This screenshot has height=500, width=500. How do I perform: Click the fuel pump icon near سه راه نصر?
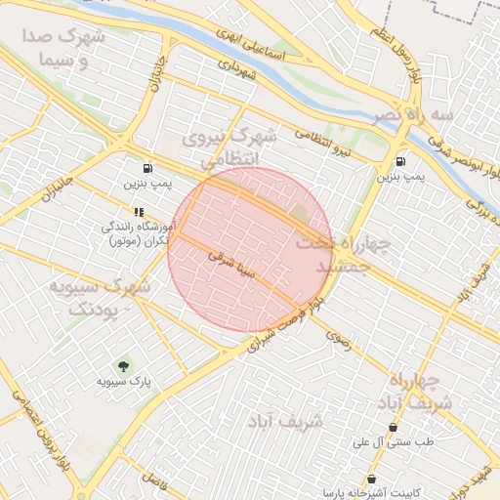(x=401, y=162)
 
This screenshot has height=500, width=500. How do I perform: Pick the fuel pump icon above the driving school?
(x=146, y=167)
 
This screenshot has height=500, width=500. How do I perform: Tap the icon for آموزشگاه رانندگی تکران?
(x=139, y=211)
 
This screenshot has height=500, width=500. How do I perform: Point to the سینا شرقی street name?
(x=232, y=264)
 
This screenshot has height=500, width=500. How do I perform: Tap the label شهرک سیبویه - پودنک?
(x=98, y=298)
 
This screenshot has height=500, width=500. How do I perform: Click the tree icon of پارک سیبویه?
(x=123, y=365)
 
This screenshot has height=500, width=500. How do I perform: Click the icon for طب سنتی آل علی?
(x=394, y=427)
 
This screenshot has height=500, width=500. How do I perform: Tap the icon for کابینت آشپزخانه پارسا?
(x=371, y=478)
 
